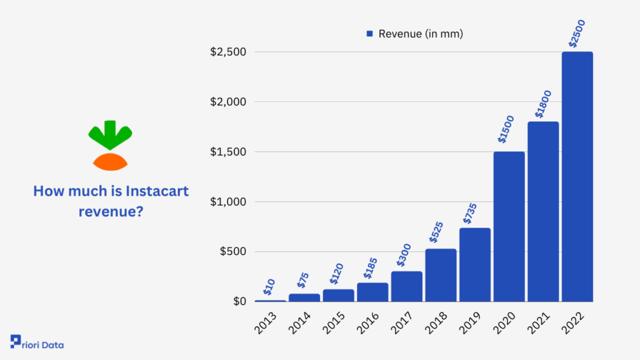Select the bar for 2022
[577, 177]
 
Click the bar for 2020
[509, 227]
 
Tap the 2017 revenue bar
[407, 286]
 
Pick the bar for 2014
[304, 297]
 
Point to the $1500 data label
[506, 129]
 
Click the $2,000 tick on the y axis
[228, 102]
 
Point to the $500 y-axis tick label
[233, 252]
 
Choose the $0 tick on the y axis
[239, 302]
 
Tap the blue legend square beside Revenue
[369, 34]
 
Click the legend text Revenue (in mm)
[421, 34]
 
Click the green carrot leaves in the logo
[110, 134]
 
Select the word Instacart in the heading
[157, 191]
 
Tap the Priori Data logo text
[44, 344]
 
